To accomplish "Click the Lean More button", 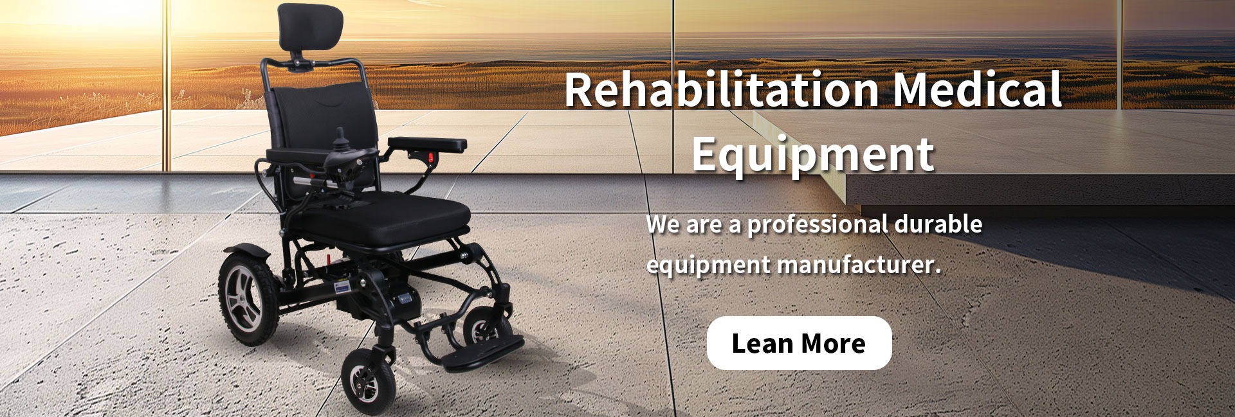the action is tap(799, 343).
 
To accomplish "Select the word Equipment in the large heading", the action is tap(813, 154).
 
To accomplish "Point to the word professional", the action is tap(817, 226).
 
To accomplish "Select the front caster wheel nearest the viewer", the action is tap(366, 378).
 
